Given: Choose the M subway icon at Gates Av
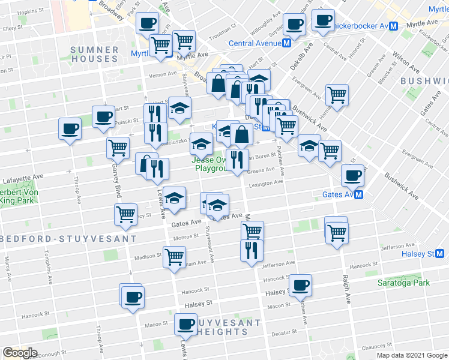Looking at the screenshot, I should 359,194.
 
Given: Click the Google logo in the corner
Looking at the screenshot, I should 20,353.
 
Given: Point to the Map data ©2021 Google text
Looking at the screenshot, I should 411,355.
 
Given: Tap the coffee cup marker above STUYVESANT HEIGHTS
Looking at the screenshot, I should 185,325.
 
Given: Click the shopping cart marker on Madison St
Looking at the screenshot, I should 174,256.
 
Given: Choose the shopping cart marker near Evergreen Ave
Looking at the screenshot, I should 337,94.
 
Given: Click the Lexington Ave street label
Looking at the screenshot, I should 266,182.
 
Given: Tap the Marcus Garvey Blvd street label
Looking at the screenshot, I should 115,180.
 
